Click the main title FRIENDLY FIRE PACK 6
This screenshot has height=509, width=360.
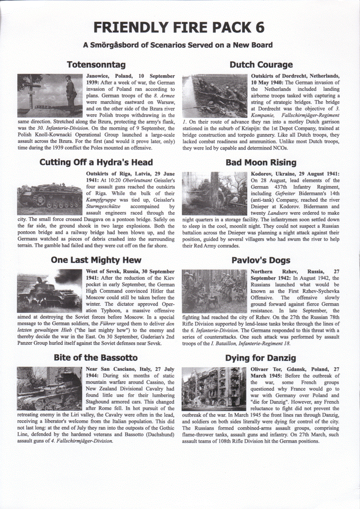coord(180,27)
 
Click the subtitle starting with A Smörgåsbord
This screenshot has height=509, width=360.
coord(178,45)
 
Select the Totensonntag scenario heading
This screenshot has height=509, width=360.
coord(96,65)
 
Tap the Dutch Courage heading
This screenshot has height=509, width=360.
coord(261,65)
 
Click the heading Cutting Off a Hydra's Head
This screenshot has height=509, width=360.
coord(96,163)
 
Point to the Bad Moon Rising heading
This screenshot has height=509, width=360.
coord(261,163)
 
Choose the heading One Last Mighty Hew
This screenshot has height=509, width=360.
coord(96,260)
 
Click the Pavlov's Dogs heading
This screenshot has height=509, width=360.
coord(261,260)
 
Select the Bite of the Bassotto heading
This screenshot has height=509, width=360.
coord(96,357)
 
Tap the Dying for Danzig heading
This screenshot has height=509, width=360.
coord(261,357)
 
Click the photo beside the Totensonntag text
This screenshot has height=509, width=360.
coord(50,95)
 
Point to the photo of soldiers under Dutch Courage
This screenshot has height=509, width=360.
coord(214,95)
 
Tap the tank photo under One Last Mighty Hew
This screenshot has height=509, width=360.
coord(50,291)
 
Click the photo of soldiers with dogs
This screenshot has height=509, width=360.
coord(214,291)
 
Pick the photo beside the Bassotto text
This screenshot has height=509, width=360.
coord(50,388)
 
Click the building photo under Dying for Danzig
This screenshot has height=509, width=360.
coord(214,388)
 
